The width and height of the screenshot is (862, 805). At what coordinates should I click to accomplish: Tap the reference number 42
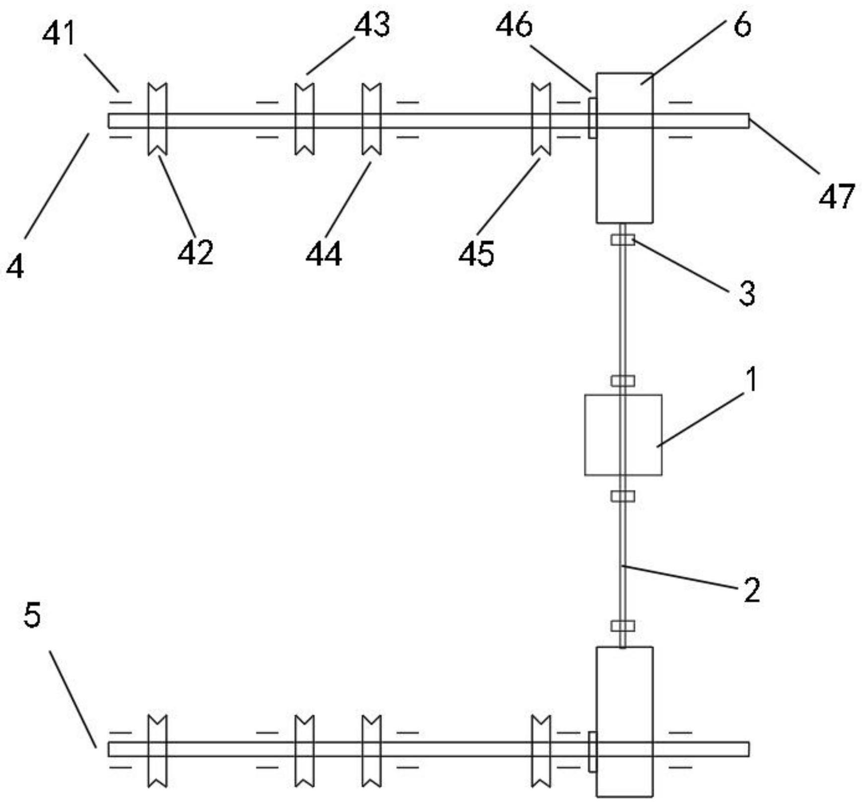[196, 252]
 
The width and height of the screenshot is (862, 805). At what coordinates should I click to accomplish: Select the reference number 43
[372, 24]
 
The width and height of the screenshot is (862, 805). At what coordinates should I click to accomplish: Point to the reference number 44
[324, 254]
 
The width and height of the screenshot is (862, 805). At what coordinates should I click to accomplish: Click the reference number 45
[476, 254]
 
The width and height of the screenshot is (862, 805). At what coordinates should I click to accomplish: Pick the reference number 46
[514, 24]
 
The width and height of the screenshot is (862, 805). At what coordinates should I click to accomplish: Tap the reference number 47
[837, 197]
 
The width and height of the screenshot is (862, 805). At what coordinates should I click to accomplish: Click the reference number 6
[742, 24]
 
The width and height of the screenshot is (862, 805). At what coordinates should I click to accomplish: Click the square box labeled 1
[623, 435]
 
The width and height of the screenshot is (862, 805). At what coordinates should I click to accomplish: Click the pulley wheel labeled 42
[157, 119]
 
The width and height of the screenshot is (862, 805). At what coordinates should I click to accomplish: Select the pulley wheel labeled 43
[304, 119]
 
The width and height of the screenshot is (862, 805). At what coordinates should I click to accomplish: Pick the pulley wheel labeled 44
[371, 119]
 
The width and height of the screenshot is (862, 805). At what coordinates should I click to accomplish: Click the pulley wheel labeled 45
[541, 119]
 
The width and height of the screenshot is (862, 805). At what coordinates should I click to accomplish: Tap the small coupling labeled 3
[623, 241]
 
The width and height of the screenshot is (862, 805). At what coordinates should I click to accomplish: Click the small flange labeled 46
[592, 118]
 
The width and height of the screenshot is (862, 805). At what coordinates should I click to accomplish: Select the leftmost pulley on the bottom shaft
[157, 750]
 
